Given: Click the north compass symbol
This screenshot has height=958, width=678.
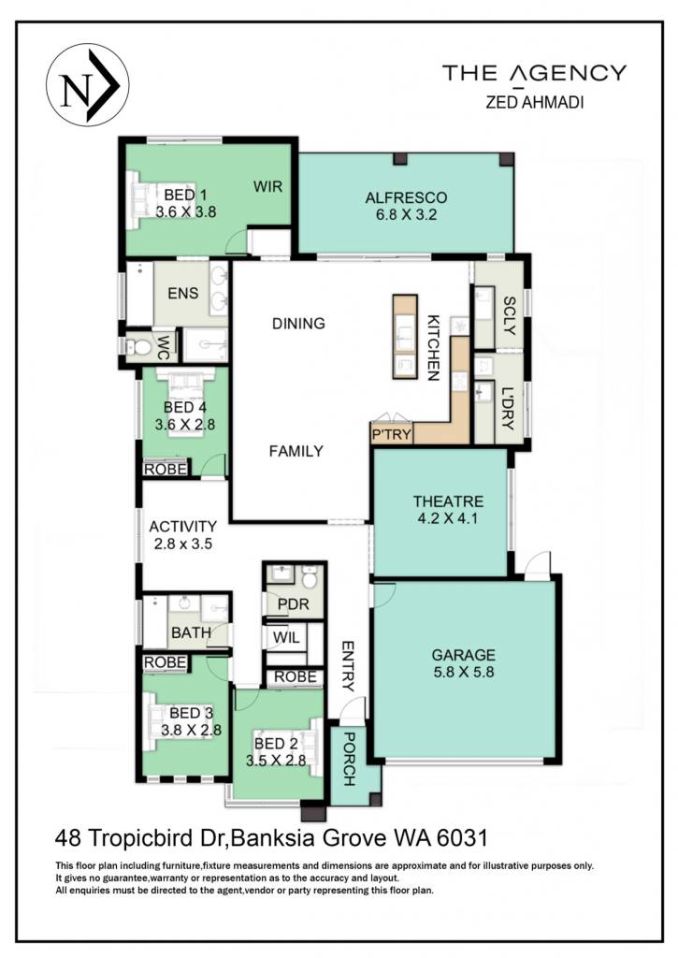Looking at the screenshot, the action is tap(87, 85).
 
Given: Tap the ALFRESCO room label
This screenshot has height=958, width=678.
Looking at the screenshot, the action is tap(406, 197).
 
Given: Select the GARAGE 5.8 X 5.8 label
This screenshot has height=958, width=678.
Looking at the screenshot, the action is tap(463, 663).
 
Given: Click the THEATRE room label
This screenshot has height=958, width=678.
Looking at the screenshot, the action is tap(448, 501).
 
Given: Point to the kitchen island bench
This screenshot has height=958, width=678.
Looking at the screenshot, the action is tap(405, 337).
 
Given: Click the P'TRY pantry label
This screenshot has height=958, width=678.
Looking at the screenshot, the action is tap(392, 434).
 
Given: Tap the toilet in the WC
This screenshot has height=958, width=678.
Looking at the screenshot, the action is tap(140, 347).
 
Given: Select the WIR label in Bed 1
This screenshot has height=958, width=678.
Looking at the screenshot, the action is tap(268, 186).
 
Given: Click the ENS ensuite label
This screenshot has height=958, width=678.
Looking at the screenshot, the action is tap(182, 293).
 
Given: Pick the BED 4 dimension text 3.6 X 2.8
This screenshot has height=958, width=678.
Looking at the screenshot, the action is tap(185, 424).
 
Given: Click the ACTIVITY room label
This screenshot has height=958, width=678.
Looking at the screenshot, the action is tap(182, 526).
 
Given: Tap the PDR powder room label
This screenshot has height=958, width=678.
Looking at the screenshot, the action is tap(294, 605).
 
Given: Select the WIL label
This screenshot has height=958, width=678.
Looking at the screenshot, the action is tap(286, 638).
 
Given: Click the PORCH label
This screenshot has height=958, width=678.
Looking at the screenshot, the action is tap(349, 759).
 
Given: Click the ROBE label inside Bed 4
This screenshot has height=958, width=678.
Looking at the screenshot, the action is tap(165, 469).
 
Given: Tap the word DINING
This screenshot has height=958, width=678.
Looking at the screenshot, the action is tap(298, 323).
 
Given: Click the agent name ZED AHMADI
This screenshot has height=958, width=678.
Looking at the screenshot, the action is tap(535, 102).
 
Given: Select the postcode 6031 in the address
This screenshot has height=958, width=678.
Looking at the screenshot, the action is tap(462, 837).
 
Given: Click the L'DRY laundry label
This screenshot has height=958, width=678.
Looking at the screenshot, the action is tap(508, 408).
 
